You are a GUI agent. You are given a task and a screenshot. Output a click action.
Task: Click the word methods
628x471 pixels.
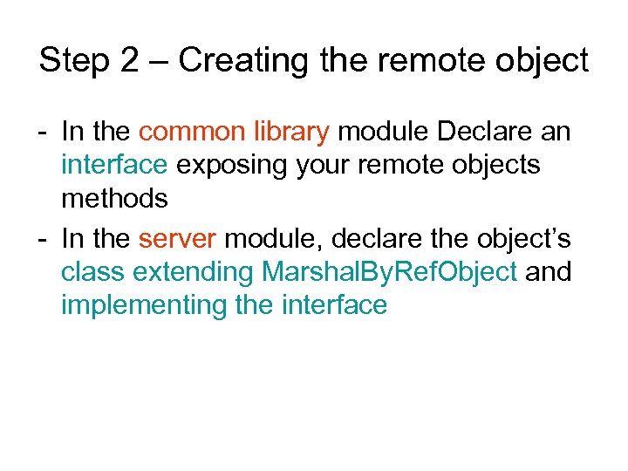click(x=113, y=199)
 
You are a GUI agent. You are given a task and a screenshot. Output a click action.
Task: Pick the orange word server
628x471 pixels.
click(x=176, y=238)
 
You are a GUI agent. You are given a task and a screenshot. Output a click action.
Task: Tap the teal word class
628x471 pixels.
click(x=93, y=272)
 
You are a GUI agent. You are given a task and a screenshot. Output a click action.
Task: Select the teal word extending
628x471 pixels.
click(x=194, y=272)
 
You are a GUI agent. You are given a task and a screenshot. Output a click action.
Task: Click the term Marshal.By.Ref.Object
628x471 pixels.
click(x=389, y=272)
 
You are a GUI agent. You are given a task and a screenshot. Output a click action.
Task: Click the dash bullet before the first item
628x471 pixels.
click(x=43, y=133)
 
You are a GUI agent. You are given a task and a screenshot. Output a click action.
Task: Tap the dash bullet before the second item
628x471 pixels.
click(x=43, y=239)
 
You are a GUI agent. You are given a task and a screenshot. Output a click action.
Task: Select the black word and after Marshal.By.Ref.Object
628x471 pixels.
click(x=549, y=272)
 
